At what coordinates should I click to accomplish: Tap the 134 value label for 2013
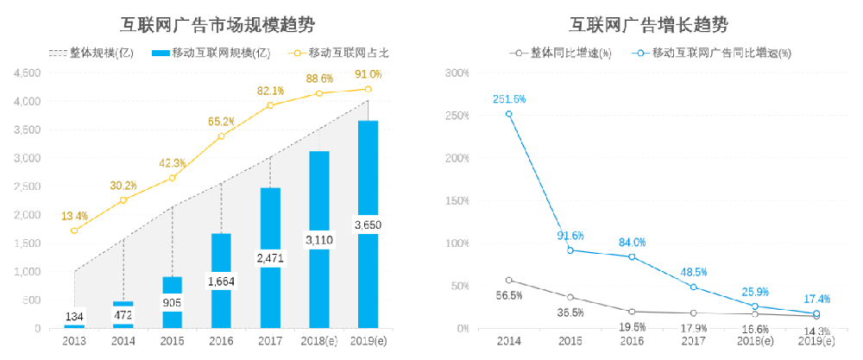[x=74, y=317]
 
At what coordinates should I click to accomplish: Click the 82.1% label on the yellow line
[x=270, y=91]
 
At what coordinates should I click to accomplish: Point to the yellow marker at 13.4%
[x=74, y=231]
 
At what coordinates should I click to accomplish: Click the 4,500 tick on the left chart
[x=28, y=73]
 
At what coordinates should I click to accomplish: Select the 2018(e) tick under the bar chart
[x=319, y=343]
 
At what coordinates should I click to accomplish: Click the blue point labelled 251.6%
[x=509, y=114]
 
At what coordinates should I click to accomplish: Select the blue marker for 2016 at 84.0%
[x=632, y=256]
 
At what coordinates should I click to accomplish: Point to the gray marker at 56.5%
[x=509, y=280]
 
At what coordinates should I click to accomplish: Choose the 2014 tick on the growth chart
[x=509, y=343]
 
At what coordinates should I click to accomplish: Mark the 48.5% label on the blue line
[x=693, y=272]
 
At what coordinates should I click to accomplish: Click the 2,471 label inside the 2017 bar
[x=270, y=257]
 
